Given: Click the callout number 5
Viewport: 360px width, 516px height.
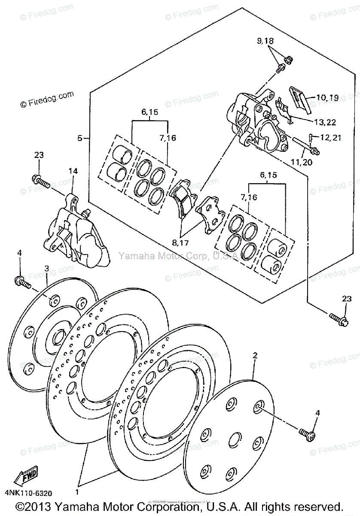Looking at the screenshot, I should pyautogui.click(x=79, y=138).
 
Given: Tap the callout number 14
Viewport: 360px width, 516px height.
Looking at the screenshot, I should pyautogui.click(x=73, y=171).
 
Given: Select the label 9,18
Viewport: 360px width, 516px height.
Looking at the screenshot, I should pyautogui.click(x=265, y=41).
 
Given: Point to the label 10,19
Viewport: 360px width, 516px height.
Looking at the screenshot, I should pyautogui.click(x=328, y=98).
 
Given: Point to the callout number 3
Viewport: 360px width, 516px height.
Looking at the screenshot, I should pyautogui.click(x=47, y=269).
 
